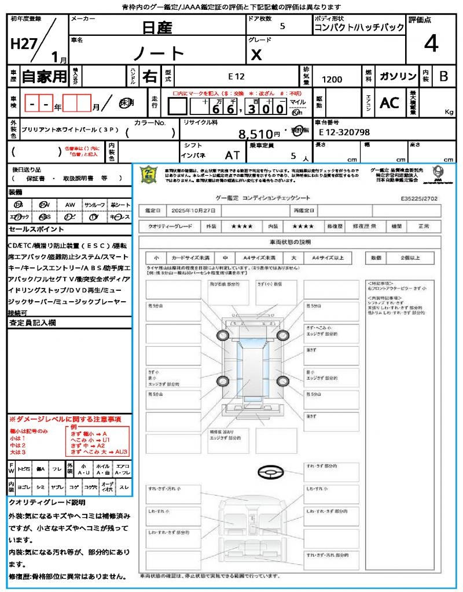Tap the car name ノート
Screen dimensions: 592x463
pyautogui.click(x=159, y=53)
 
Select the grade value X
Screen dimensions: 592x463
pyautogui.click(x=256, y=55)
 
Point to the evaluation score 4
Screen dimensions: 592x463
pyautogui.click(x=431, y=43)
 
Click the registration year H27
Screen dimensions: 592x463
pyautogui.click(x=22, y=45)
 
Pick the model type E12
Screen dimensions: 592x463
pyautogui.click(x=236, y=76)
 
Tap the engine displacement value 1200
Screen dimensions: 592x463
pyautogui.click(x=332, y=80)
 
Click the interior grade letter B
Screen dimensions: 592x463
pyautogui.click(x=443, y=76)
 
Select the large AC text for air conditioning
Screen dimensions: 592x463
pyautogui.click(x=389, y=103)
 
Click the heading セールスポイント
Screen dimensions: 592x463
pyautogui.click(x=32, y=229)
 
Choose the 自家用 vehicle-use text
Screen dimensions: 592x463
pyautogui.click(x=45, y=76)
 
